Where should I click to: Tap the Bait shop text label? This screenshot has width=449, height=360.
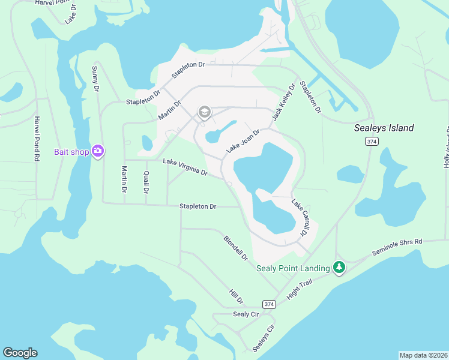click(x=71, y=152)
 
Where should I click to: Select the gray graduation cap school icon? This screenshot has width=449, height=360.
click(x=204, y=112)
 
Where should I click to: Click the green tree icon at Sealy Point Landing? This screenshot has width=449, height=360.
click(x=339, y=268)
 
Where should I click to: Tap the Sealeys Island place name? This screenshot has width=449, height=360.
click(x=384, y=128)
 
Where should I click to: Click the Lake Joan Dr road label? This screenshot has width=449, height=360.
click(x=243, y=141)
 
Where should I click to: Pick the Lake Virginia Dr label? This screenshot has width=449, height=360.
click(x=185, y=167)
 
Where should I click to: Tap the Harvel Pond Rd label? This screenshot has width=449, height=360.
click(x=37, y=139)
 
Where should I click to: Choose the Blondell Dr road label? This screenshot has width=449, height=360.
click(x=236, y=247)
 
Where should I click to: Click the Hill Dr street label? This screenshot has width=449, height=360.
click(x=236, y=296)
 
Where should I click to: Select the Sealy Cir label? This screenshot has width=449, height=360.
click(x=245, y=314)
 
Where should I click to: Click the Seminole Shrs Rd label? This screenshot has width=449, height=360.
click(x=397, y=246)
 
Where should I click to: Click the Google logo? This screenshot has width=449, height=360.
click(x=20, y=353)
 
